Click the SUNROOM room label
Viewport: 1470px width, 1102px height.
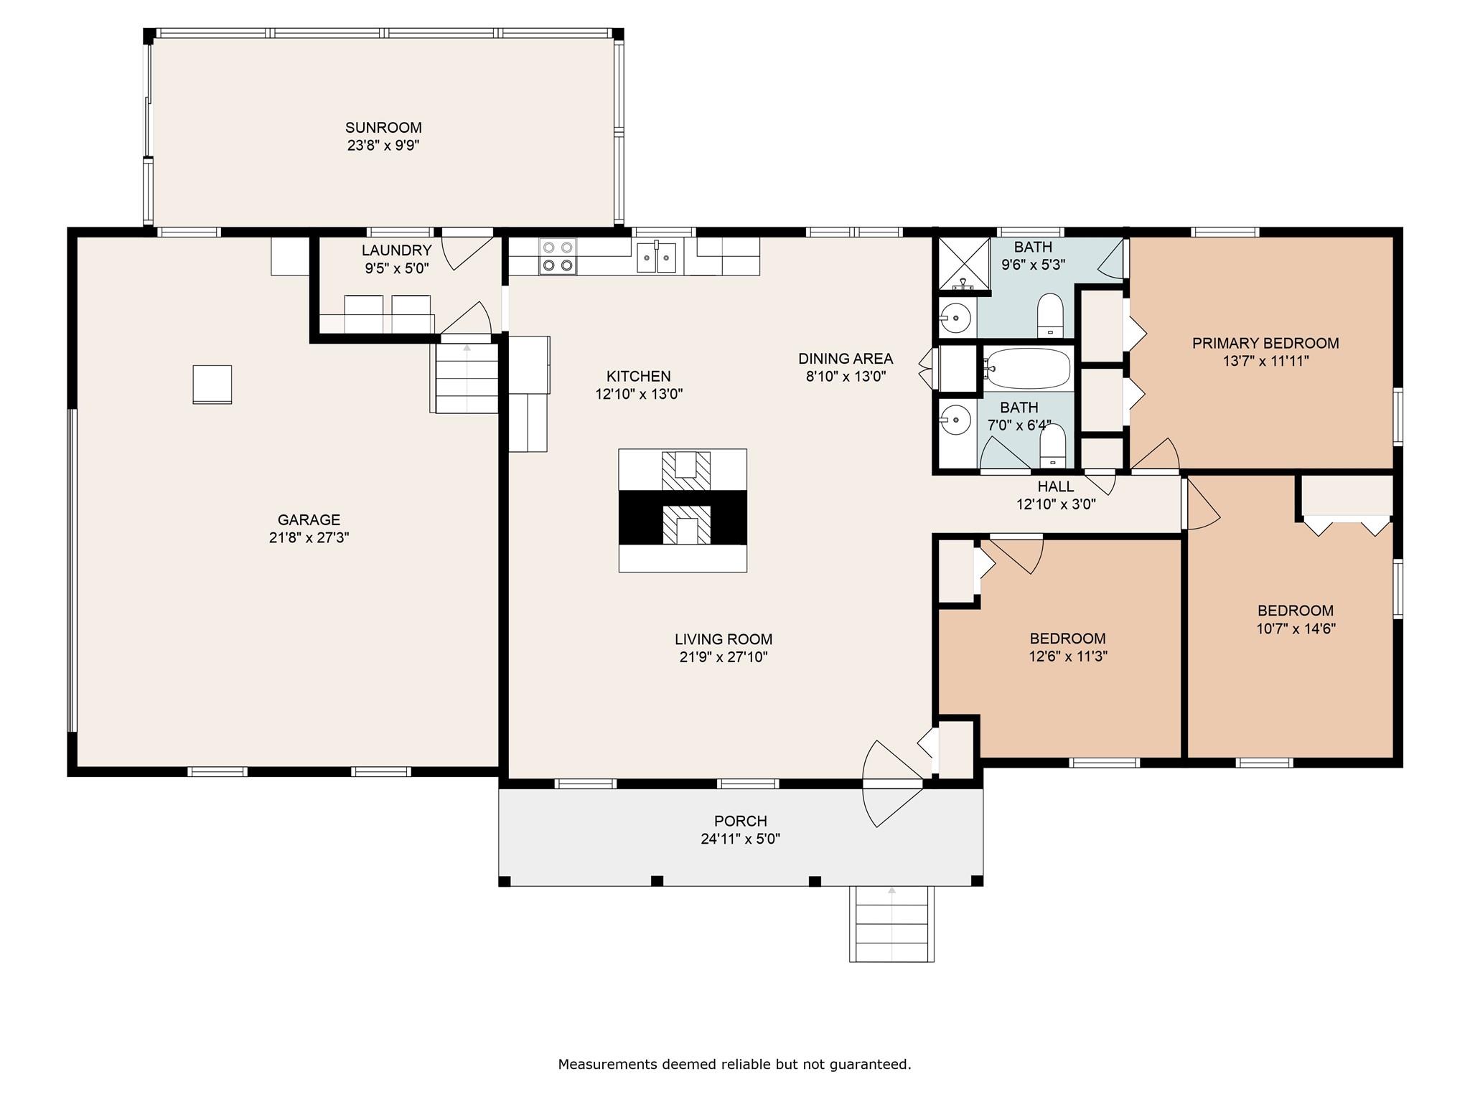[383, 128]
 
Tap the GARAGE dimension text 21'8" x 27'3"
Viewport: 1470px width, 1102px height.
[309, 538]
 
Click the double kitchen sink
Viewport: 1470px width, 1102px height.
[657, 257]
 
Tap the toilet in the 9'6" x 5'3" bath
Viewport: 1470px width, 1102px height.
[1050, 314]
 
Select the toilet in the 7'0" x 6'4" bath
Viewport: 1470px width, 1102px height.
[1052, 445]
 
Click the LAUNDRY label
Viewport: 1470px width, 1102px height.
[396, 250]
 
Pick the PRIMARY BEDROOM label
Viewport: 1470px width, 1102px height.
[1265, 343]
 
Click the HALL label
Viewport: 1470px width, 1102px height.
[1055, 486]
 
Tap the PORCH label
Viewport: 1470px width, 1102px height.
[740, 821]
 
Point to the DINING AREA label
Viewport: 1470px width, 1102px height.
[846, 359]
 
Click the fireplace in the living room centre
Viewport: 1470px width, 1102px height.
[683, 510]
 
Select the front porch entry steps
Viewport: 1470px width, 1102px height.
[891, 924]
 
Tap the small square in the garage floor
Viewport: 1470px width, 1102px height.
[212, 385]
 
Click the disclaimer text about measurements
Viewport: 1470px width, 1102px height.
[734, 1064]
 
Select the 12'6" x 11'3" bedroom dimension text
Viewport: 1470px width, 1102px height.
[1068, 656]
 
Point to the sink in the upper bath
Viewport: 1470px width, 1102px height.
[955, 316]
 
